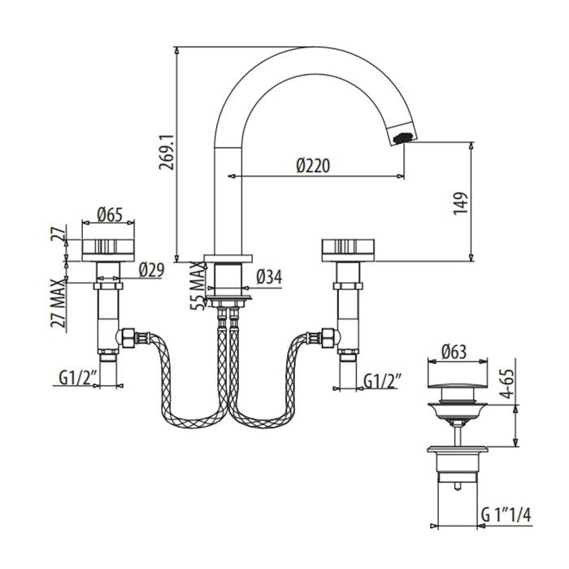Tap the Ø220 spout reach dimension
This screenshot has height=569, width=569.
(x=312, y=165)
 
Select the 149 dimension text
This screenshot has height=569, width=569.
(x=461, y=202)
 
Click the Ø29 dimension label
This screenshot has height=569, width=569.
(x=151, y=269)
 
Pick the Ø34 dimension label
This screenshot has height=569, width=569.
(x=269, y=277)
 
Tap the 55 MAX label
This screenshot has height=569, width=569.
(x=195, y=284)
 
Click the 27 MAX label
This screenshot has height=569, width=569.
(x=57, y=303)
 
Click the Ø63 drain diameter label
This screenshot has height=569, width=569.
(x=456, y=353)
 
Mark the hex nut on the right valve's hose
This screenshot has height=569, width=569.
(x=328, y=337)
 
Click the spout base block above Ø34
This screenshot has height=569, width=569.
(x=227, y=277)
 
